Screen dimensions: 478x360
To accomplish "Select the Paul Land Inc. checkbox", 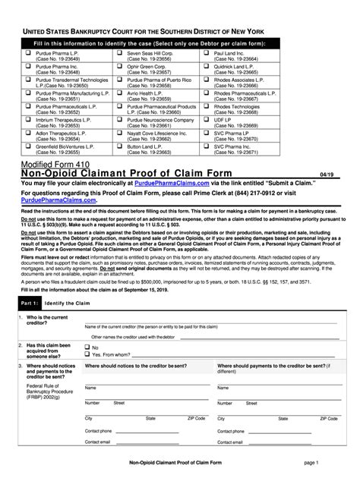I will tap(207, 53).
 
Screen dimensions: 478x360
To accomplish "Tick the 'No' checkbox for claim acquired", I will tap(86, 347).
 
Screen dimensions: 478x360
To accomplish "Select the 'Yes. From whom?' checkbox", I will tap(86, 354).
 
